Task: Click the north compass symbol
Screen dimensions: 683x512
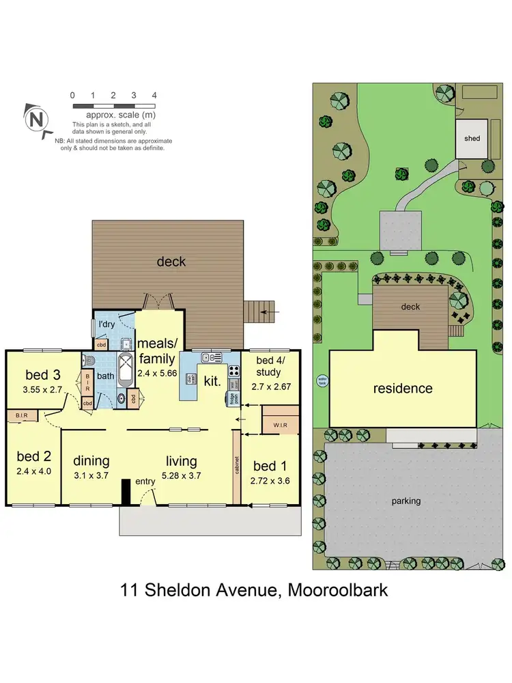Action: point(38,118)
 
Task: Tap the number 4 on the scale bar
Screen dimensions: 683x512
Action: point(154,96)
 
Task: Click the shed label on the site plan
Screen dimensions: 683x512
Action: point(472,138)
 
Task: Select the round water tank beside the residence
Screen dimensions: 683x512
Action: point(322,382)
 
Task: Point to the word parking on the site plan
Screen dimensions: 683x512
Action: point(406,501)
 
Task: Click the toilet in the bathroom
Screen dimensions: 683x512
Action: point(88,361)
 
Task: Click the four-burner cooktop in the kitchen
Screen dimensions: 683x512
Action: point(233,371)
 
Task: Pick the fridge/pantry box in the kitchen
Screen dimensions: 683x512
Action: point(234,398)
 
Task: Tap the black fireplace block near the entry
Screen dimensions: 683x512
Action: point(126,491)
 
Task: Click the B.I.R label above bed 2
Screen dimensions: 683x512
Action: point(21,415)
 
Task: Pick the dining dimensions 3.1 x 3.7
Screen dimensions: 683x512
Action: point(91,475)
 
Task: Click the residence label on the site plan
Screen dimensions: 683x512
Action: point(402,389)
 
